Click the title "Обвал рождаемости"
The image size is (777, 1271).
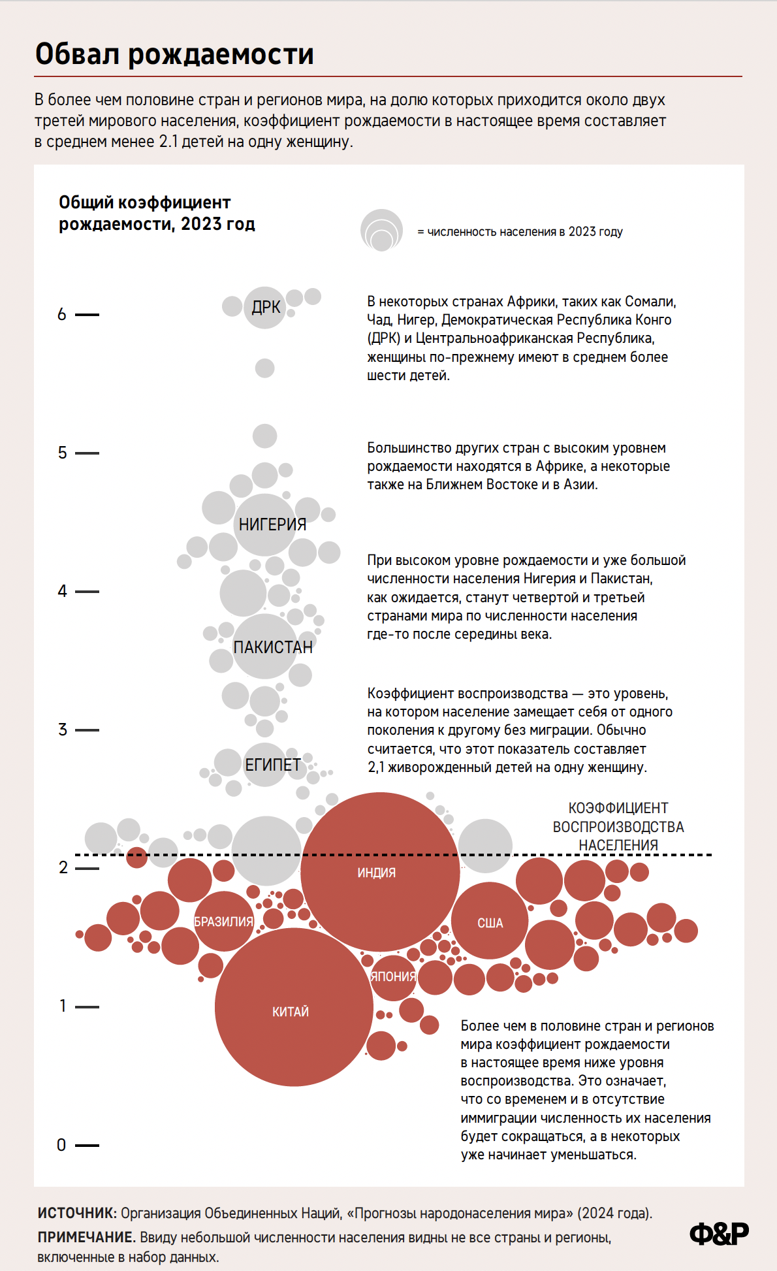[x=174, y=54]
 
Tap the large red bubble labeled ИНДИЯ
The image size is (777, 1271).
[x=380, y=871]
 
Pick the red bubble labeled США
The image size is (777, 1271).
[x=490, y=921]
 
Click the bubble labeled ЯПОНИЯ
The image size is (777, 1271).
[x=393, y=977]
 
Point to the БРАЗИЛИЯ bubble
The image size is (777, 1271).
[x=223, y=921]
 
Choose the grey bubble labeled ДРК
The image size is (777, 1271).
[x=265, y=307]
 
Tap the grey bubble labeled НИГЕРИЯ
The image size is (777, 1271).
[x=266, y=524]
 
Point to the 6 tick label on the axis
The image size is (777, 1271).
[x=62, y=314]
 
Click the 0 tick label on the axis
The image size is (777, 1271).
[x=61, y=1145]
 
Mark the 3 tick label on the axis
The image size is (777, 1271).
[x=63, y=730]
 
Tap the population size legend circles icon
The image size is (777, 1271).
[x=381, y=231]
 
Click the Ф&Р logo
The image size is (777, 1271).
[x=719, y=1234]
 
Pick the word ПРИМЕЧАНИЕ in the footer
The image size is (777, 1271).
[x=86, y=1237]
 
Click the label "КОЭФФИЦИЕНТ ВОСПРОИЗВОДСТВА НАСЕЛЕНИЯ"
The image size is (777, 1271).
[x=618, y=826]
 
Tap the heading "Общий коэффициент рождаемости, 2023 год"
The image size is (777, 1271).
[x=157, y=213]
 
